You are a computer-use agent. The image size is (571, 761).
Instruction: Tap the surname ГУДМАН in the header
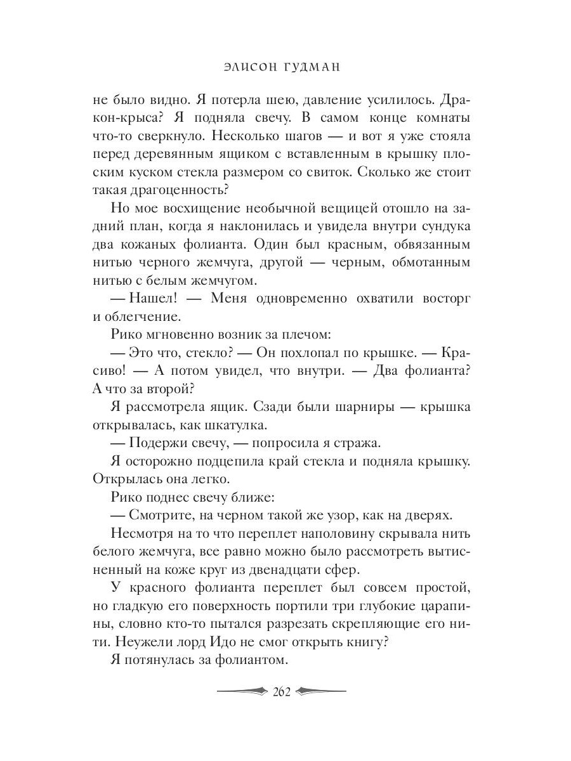[x=315, y=67]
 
